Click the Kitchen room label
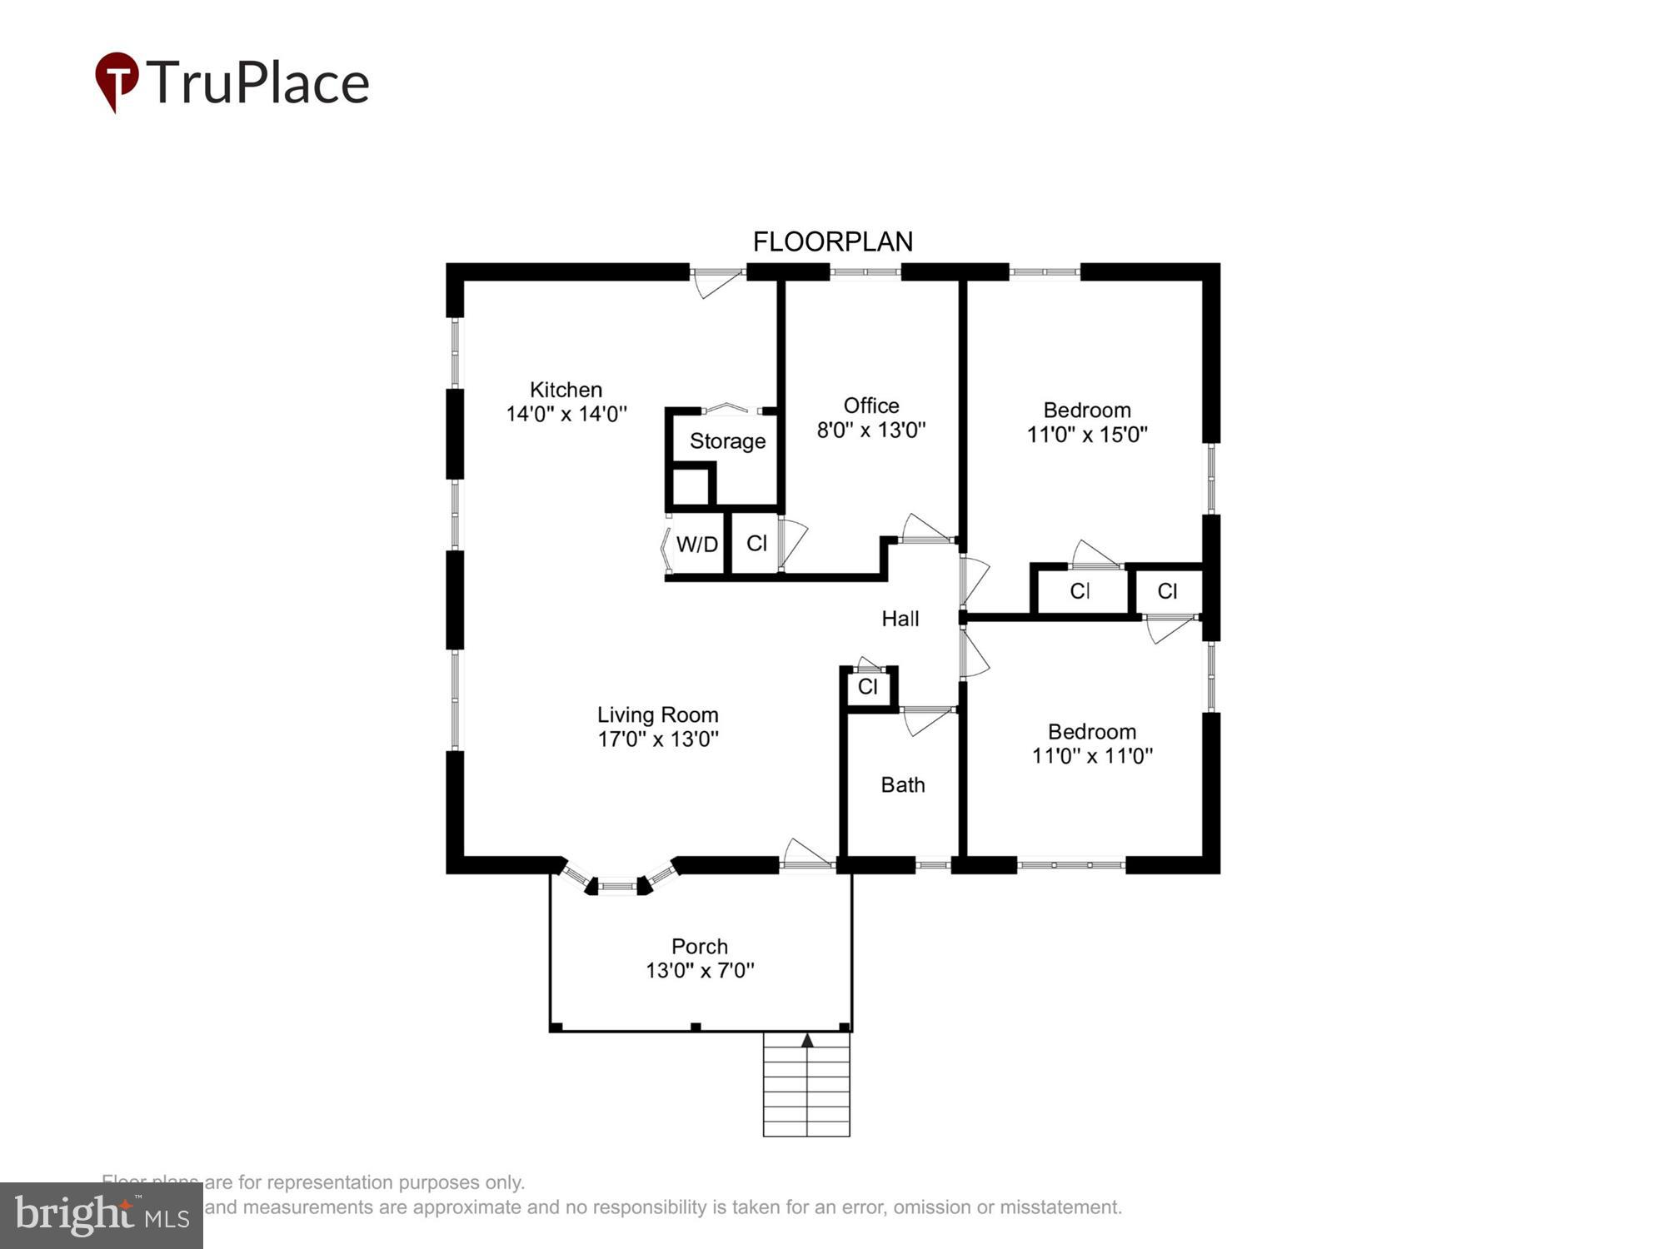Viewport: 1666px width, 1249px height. [566, 390]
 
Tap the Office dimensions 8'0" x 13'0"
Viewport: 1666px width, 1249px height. [871, 430]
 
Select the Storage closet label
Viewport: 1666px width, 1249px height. [727, 441]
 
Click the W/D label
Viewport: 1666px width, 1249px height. [696, 545]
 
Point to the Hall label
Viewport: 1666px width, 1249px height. [900, 619]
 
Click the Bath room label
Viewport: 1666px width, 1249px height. [903, 785]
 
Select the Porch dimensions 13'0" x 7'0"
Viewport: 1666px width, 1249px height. [700, 971]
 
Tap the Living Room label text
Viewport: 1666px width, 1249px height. [657, 715]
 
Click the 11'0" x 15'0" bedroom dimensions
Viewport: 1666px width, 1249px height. [1087, 435]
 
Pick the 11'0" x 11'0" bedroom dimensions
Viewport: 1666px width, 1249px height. [1092, 756]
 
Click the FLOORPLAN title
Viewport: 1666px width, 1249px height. [833, 242]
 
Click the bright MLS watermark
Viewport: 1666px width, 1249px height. [101, 1216]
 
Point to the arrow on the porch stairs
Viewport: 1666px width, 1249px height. [807, 1040]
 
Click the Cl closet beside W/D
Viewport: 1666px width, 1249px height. [756, 544]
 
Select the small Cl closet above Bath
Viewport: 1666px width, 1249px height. [867, 687]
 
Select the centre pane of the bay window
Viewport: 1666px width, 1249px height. [617, 887]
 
